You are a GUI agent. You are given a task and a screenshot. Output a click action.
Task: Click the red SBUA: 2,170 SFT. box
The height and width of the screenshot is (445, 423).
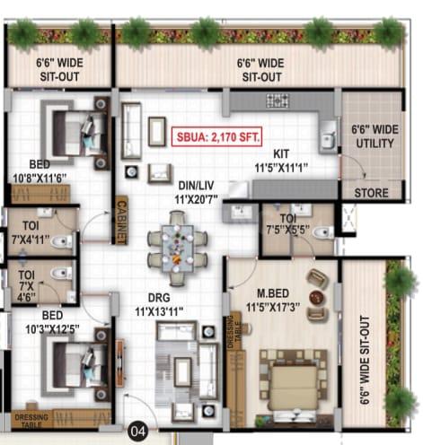click(x=216, y=136)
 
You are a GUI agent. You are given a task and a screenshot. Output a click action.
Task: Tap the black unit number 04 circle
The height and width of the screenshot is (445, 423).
click(x=138, y=432)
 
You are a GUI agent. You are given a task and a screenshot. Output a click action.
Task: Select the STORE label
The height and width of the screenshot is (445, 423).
click(x=371, y=193)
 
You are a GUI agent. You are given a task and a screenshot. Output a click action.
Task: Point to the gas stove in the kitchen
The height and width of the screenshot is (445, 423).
click(x=278, y=100)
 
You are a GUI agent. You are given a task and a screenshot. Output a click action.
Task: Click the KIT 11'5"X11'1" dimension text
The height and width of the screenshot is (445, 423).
click(x=281, y=161)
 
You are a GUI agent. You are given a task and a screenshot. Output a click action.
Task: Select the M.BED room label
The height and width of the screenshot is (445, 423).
click(x=273, y=293)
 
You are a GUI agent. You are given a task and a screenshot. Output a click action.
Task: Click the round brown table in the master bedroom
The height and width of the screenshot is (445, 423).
click(x=317, y=297)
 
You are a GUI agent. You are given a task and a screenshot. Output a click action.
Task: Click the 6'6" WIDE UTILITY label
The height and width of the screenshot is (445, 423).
click(x=375, y=136)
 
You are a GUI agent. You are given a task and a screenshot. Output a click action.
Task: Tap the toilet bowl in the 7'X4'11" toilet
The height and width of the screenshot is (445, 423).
click(x=61, y=241)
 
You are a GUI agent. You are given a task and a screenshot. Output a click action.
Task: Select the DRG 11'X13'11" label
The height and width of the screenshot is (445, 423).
click(x=159, y=304)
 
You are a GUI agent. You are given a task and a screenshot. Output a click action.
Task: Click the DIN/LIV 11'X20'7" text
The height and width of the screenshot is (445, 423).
click(x=196, y=192)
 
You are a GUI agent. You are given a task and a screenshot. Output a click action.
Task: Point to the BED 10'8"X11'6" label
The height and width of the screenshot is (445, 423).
click(x=40, y=170)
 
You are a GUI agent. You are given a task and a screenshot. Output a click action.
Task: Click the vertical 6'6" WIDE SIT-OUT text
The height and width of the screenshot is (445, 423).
click(x=365, y=360)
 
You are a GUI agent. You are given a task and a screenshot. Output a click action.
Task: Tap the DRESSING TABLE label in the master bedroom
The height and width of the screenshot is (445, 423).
click(x=234, y=332)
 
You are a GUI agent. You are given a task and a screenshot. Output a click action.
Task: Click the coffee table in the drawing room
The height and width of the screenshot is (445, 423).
click(x=182, y=372)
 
